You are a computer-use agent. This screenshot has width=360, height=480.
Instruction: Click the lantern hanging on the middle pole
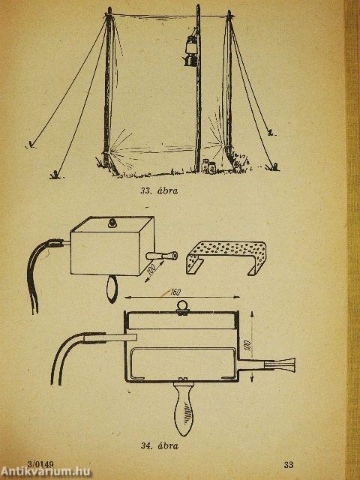(x=190, y=49)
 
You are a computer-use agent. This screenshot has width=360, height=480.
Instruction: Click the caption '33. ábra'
(x=159, y=191)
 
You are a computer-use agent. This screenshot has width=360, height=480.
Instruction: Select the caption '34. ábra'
(x=160, y=445)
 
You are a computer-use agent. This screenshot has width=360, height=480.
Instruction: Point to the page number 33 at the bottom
(x=288, y=465)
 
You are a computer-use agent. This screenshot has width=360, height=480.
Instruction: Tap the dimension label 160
(x=175, y=292)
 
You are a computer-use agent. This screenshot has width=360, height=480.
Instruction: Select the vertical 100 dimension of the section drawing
(x=248, y=345)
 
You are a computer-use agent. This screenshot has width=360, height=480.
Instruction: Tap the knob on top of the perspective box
(x=112, y=223)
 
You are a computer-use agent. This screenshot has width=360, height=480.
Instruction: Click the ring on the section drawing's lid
(x=181, y=307)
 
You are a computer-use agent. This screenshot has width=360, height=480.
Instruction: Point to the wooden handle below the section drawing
(x=183, y=407)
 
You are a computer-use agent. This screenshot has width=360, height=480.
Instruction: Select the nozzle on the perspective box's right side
(x=162, y=256)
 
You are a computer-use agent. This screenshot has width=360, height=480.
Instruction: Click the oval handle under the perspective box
(x=112, y=289)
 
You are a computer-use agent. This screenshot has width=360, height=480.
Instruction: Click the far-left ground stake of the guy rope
(x=31, y=145)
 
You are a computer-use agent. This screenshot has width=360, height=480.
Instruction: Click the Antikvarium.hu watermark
(x=45, y=472)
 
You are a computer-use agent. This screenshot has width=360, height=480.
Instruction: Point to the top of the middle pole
(x=198, y=5)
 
